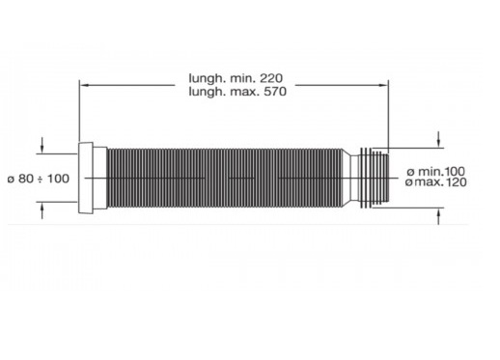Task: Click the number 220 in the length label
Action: point(271,78)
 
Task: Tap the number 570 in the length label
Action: point(275,92)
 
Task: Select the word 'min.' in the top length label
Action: point(242,78)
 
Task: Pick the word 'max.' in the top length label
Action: point(244,92)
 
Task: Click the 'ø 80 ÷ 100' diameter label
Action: point(39,179)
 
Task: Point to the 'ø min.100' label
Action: point(436,171)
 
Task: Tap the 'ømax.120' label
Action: point(436,182)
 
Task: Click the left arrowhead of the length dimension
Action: point(84,85)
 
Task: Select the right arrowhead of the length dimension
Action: point(383,85)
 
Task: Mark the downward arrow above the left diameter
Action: point(42,146)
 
